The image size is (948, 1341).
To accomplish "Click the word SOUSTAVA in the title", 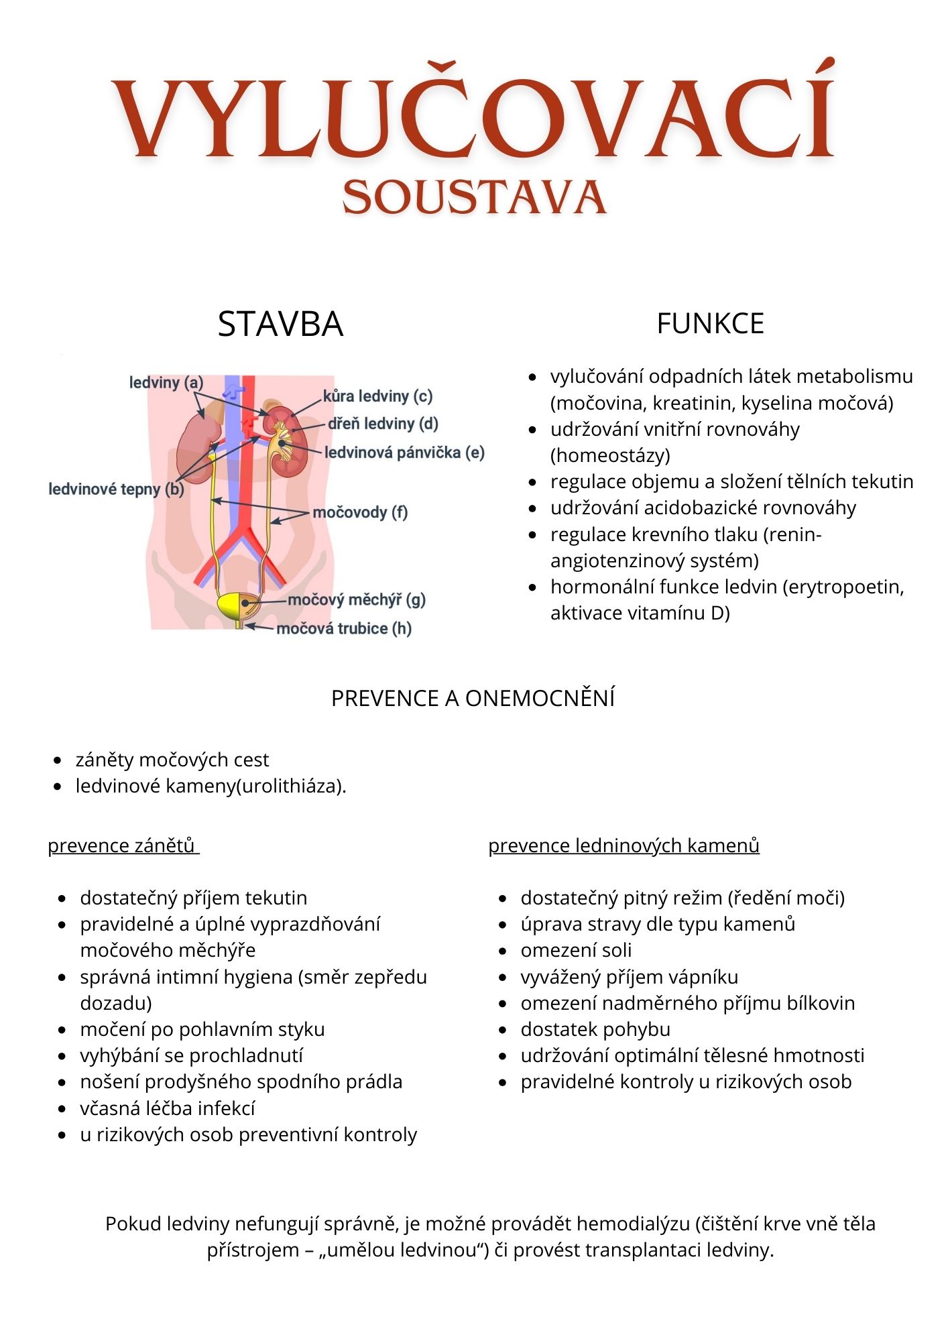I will (474, 198).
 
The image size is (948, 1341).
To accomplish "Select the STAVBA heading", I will (280, 324).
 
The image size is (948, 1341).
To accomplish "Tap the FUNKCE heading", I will (710, 324).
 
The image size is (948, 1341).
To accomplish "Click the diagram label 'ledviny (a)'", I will (166, 383).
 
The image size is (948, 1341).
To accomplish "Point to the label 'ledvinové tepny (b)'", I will (116, 489).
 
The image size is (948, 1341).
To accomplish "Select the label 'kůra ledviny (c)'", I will (377, 396).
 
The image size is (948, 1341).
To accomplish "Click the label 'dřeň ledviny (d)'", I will (383, 424).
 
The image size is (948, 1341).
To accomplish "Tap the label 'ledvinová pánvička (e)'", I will (404, 453).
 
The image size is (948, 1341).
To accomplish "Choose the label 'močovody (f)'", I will (360, 513).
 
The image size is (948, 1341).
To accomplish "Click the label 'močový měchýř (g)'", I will (357, 599).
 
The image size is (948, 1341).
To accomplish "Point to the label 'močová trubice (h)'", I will (344, 628).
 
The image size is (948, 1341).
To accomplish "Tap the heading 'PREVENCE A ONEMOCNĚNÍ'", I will (473, 699).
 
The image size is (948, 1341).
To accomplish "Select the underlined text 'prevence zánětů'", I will (122, 846).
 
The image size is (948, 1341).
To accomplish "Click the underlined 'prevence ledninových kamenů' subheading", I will (624, 846).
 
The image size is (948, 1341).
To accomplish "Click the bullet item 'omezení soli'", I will (576, 950).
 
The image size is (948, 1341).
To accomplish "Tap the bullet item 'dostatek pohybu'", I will (595, 1029).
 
